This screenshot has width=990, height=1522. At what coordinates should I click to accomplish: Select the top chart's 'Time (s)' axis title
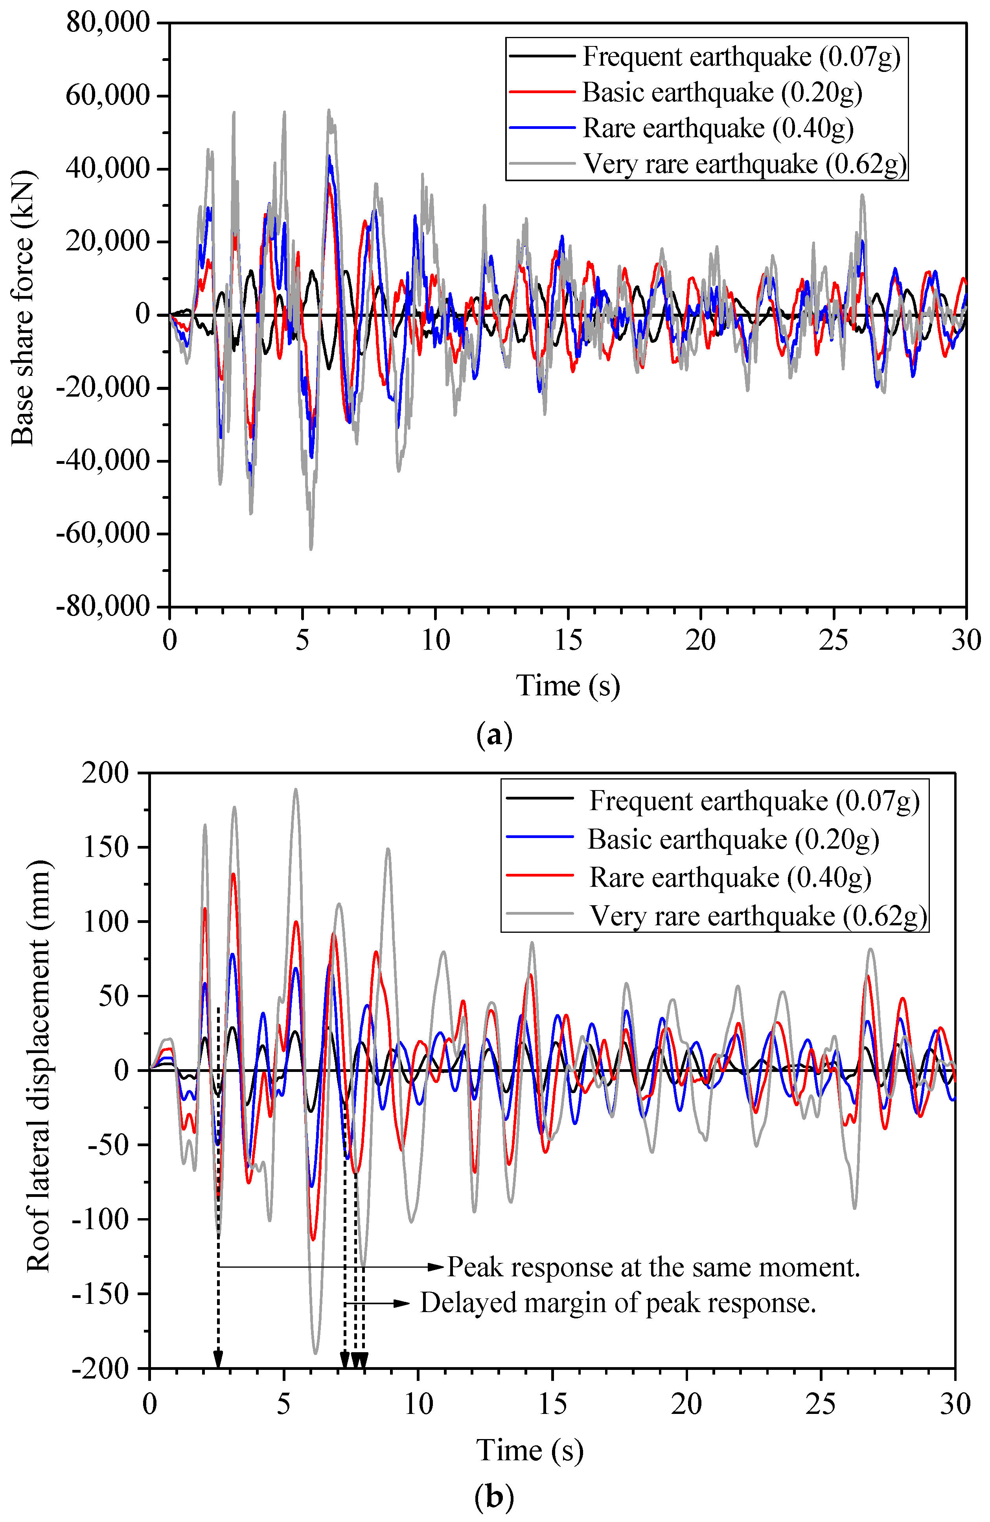567,686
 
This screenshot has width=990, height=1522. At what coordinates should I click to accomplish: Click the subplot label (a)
494,735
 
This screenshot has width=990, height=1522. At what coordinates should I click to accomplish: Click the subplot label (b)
494,1496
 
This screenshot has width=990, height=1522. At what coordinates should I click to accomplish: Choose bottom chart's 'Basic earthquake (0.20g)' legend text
733,840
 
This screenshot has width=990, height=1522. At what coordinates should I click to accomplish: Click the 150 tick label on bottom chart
106,847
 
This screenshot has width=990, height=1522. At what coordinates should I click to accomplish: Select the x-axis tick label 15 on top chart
568,640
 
